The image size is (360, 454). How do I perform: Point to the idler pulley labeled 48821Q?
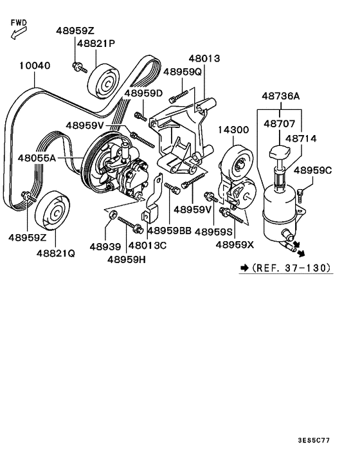point(53,210)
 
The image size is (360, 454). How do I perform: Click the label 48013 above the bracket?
point(204,59)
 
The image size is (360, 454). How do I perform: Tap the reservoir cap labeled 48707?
point(280,154)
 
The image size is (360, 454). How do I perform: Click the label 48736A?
point(280,96)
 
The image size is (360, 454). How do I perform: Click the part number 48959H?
point(126,259)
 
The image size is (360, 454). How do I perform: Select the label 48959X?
point(235,245)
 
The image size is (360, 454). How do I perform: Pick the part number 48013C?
point(148,245)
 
